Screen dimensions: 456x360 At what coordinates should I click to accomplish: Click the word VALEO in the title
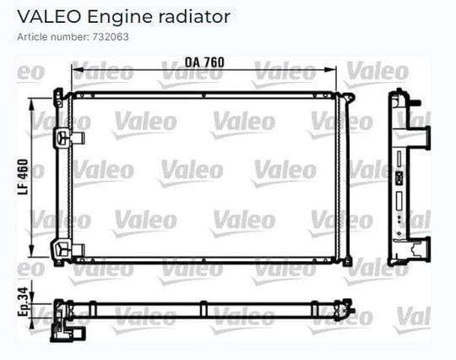49,17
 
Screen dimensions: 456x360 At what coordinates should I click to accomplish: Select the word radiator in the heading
194,17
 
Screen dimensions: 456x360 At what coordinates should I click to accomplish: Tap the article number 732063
111,37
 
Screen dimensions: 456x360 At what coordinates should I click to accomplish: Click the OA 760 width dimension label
204,63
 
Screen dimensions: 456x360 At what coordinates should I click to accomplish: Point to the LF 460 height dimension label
23,177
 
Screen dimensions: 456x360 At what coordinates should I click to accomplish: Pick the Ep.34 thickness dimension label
23,302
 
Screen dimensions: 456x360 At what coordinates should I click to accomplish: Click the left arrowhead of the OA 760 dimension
77,70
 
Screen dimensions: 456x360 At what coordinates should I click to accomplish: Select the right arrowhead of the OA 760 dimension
330,70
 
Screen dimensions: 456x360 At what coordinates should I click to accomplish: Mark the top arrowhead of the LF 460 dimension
32,105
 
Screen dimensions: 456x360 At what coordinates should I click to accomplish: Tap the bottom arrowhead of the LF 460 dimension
32,251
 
